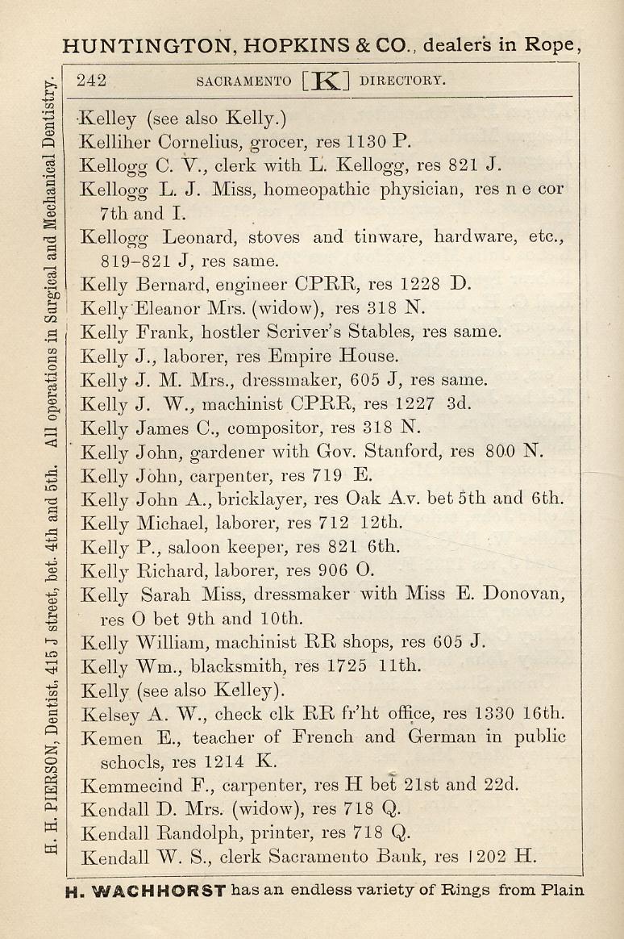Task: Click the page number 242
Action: click(91, 81)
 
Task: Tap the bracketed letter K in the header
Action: click(327, 81)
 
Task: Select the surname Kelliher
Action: click(115, 142)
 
